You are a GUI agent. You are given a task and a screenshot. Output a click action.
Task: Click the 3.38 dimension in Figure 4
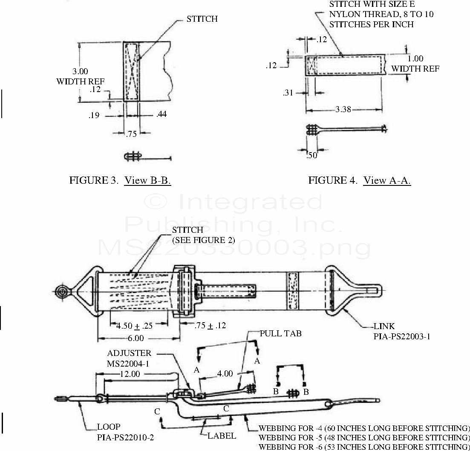(x=343, y=109)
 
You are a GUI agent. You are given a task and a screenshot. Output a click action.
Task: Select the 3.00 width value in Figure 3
(x=81, y=71)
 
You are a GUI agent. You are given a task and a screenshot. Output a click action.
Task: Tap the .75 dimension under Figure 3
(x=131, y=134)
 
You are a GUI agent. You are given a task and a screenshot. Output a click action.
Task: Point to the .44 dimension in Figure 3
(x=161, y=114)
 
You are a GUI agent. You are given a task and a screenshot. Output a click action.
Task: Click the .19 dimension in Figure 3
(x=94, y=115)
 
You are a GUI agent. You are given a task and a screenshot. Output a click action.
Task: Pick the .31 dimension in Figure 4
(x=288, y=93)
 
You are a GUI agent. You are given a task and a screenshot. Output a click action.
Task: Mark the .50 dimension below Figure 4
(x=312, y=155)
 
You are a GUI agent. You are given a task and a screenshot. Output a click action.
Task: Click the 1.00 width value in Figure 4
(x=415, y=58)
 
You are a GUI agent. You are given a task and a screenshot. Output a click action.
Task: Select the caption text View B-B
(x=147, y=180)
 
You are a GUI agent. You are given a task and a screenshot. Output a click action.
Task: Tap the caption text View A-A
(x=386, y=180)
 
